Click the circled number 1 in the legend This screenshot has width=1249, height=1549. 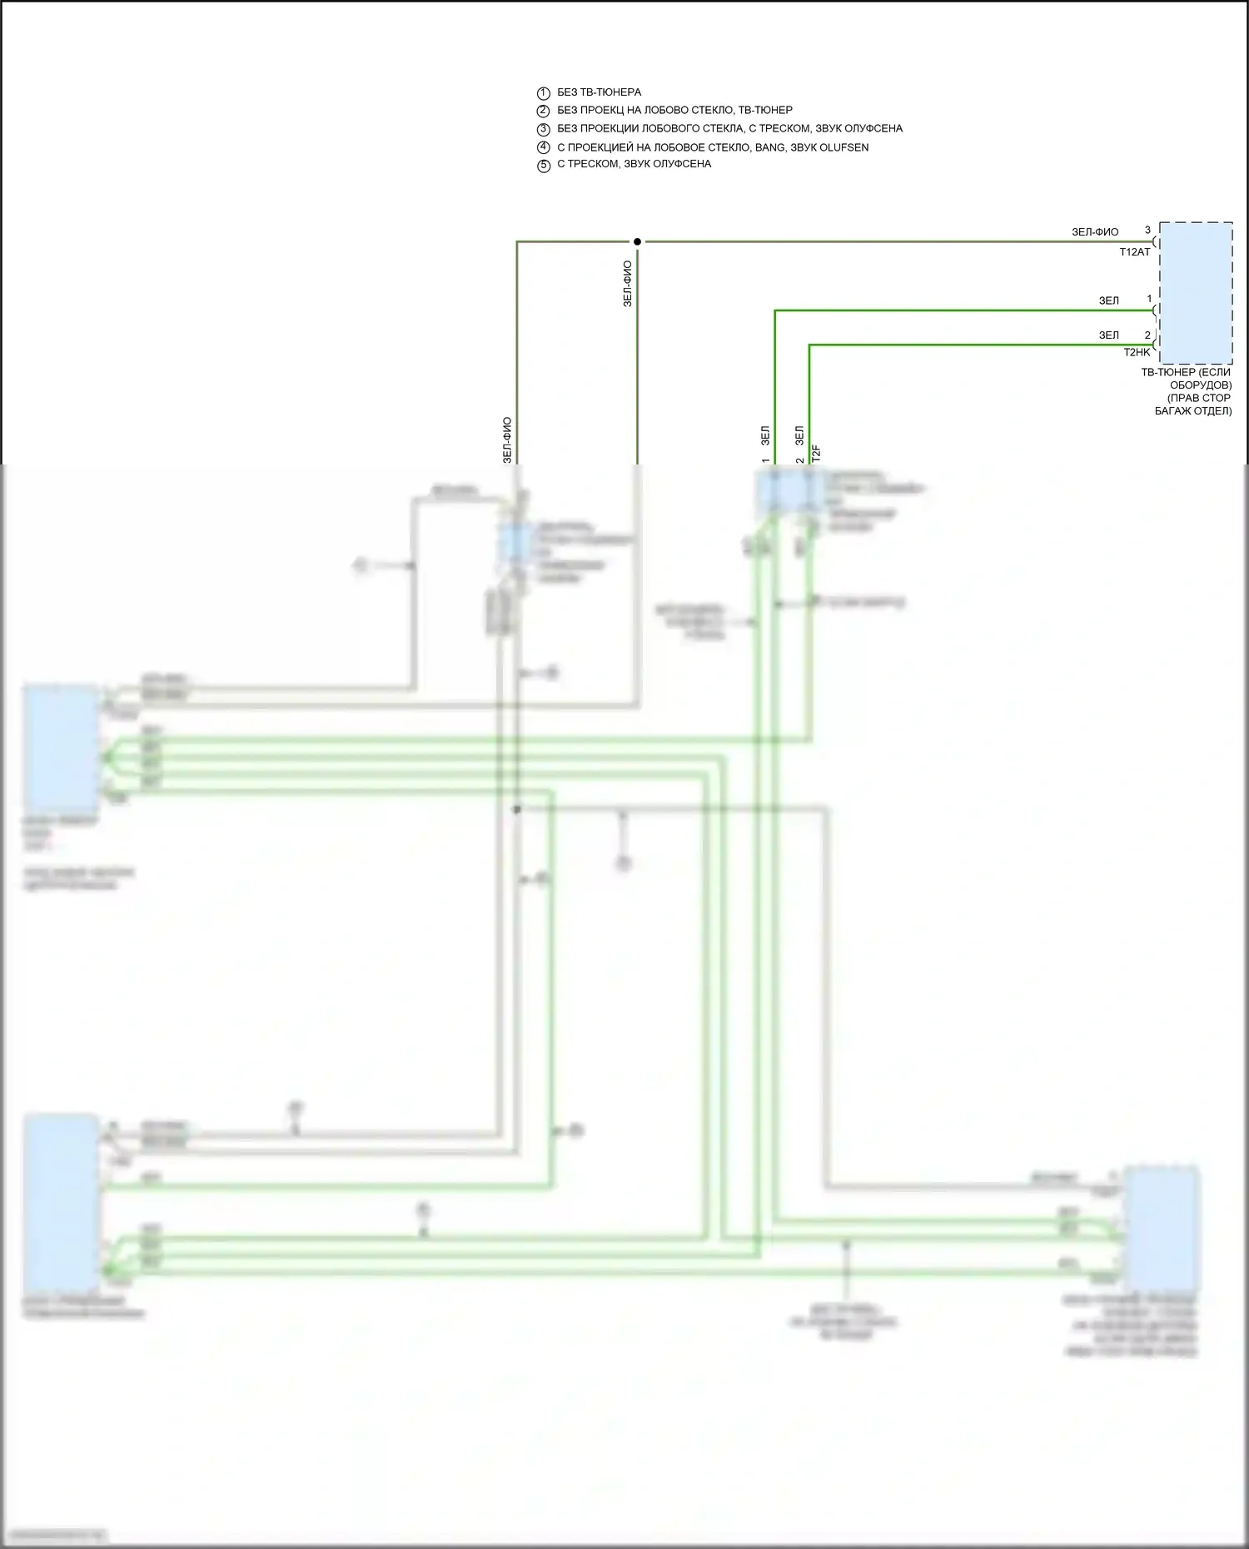click(x=544, y=93)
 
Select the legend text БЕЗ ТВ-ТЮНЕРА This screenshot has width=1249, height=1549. click(x=599, y=92)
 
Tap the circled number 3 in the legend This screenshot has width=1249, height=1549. click(x=544, y=129)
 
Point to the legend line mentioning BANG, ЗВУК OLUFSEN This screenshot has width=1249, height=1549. click(x=712, y=147)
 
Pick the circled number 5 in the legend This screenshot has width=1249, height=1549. click(x=544, y=165)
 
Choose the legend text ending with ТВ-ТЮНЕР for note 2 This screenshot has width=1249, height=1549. click(x=674, y=110)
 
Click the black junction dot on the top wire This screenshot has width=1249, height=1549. click(x=637, y=241)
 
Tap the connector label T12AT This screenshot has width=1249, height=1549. click(x=1134, y=251)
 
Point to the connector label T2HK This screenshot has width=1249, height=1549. click(x=1136, y=353)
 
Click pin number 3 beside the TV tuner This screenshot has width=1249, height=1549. click(x=1147, y=231)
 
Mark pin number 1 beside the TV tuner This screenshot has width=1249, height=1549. click(x=1149, y=299)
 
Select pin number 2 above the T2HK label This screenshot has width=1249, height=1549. click(x=1147, y=335)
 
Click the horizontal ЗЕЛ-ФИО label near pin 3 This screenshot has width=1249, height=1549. click(x=1095, y=232)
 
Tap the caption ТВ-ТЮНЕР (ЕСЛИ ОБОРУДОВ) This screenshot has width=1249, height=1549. click(x=1186, y=379)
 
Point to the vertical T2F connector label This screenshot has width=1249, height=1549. click(x=817, y=454)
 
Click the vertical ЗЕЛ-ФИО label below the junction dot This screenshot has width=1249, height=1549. click(x=628, y=284)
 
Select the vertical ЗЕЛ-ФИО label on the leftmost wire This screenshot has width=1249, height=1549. click(x=507, y=439)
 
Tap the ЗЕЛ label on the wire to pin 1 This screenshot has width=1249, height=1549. click(x=1108, y=300)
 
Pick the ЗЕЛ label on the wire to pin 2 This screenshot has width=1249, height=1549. click(x=1108, y=335)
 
